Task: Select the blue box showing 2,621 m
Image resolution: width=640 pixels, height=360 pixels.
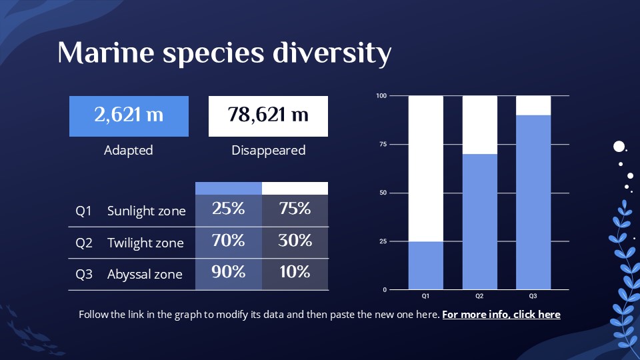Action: [129, 115]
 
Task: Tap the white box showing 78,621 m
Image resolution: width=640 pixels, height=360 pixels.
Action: [269, 115]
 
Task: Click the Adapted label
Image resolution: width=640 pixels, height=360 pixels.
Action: [129, 150]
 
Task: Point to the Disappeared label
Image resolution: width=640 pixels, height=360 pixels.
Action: [269, 150]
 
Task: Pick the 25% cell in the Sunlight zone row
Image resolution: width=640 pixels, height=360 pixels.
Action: [229, 209]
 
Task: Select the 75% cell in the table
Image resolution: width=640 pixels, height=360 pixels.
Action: [295, 209]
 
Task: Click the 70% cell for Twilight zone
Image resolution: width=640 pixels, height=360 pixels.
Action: [229, 241]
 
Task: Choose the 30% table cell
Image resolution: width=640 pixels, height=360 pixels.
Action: [295, 241]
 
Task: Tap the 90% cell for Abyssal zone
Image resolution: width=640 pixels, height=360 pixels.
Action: [229, 273]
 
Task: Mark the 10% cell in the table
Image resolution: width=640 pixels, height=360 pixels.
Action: [295, 273]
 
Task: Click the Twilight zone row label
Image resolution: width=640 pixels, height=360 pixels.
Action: [145, 243]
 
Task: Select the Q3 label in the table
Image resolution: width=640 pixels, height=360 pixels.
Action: [84, 274]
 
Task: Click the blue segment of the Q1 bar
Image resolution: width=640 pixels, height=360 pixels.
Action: [425, 265]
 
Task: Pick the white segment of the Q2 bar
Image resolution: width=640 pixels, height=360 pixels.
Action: [479, 125]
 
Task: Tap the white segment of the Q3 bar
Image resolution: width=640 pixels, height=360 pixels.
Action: [533, 105]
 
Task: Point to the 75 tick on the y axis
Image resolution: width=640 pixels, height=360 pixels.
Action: [382, 144]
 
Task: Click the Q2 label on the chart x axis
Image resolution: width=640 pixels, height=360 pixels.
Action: [479, 295]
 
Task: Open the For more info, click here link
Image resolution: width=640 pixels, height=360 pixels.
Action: [501, 314]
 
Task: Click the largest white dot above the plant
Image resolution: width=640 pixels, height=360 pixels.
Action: [619, 147]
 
